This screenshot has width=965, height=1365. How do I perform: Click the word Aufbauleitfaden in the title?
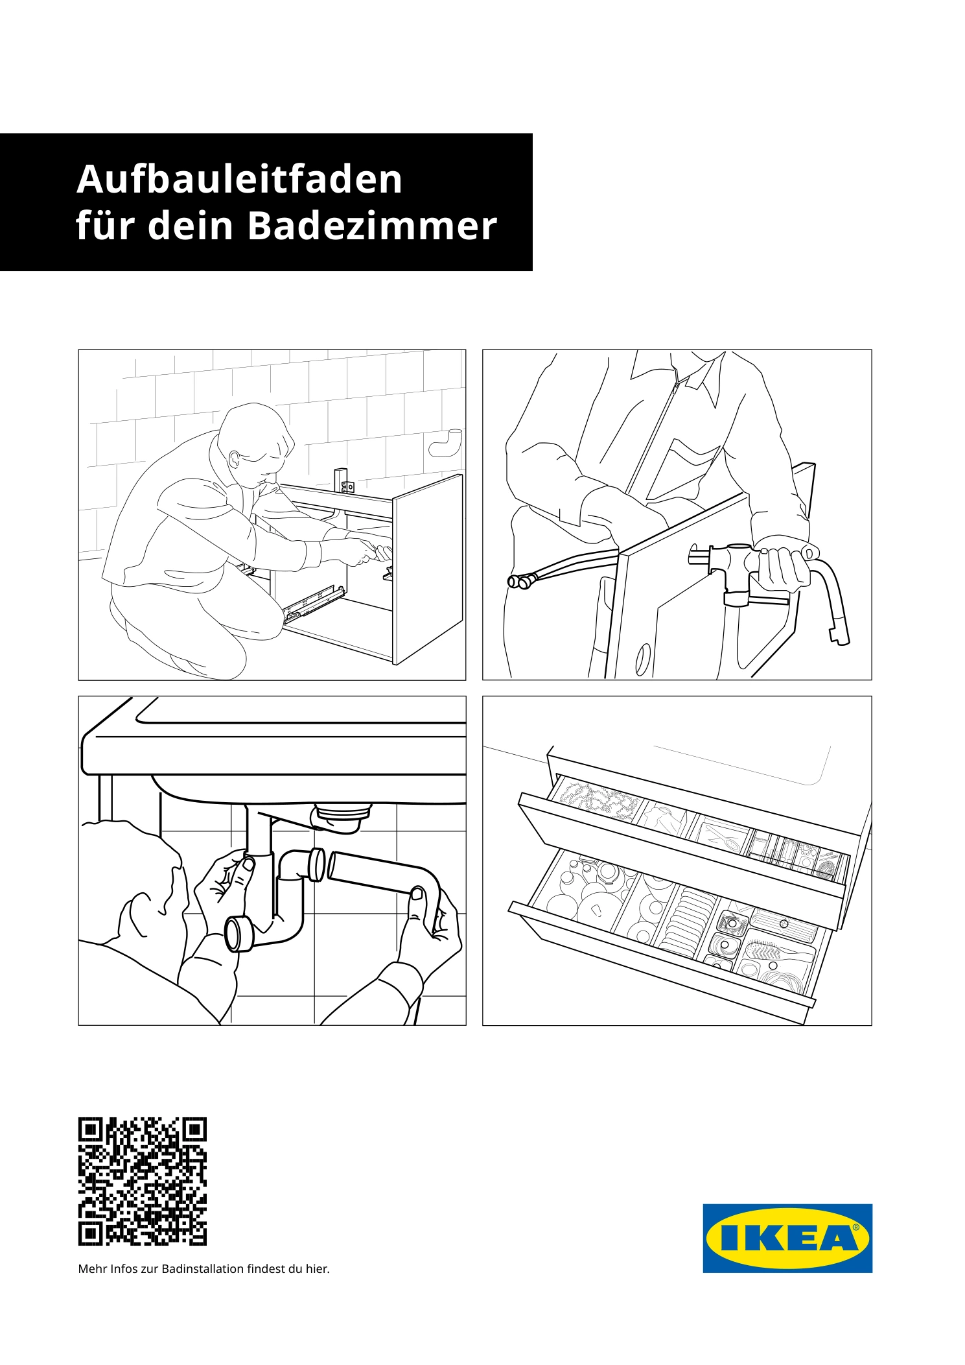[x=240, y=179]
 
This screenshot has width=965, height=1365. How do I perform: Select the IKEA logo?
[x=787, y=1238]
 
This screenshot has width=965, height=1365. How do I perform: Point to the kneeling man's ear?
[x=235, y=459]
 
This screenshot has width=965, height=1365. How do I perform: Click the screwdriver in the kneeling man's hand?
[x=378, y=552]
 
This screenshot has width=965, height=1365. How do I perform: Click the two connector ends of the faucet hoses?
[x=518, y=582]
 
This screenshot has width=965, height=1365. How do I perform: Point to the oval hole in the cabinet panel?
[x=643, y=660]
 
